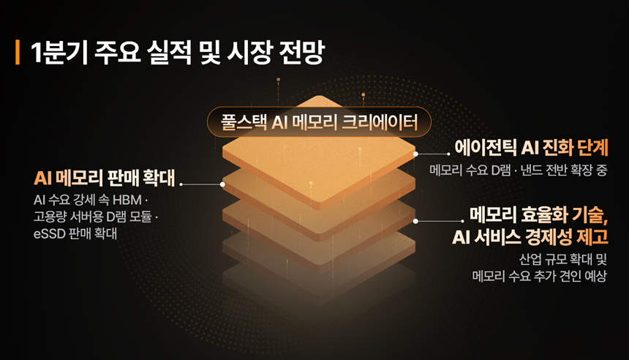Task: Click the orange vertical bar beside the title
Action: click(x=17, y=53)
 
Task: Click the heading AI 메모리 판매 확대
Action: click(x=105, y=179)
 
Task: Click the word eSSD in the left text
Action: click(x=50, y=233)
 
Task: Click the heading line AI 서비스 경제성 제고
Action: click(x=530, y=236)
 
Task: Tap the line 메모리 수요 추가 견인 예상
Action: click(x=539, y=277)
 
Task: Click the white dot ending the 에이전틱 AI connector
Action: click(x=415, y=154)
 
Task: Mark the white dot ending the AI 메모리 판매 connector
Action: click(x=223, y=184)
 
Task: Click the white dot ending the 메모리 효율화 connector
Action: click(x=415, y=220)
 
